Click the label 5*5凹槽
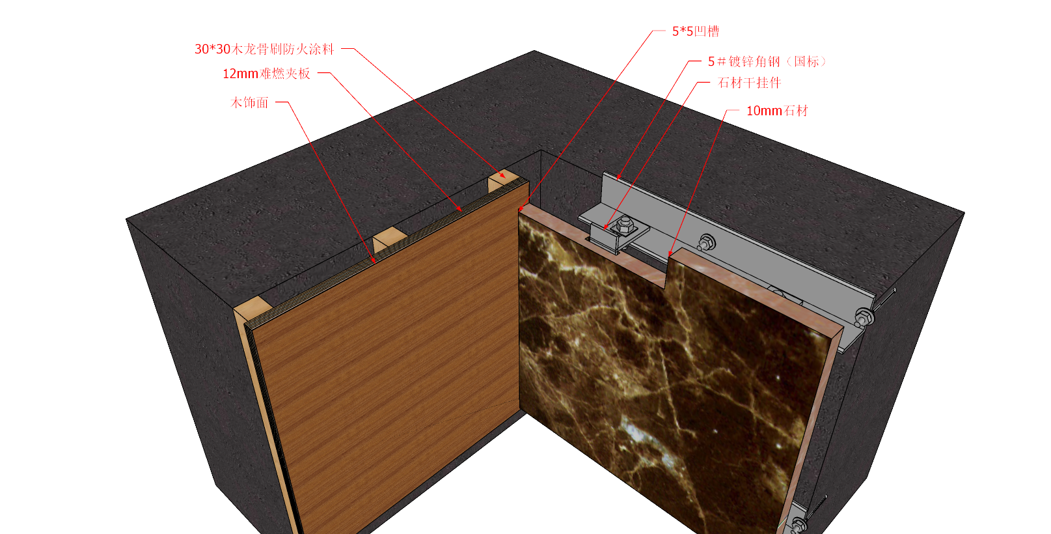tap(695, 31)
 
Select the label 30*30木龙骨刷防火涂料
tap(264, 49)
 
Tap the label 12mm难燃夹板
tap(266, 74)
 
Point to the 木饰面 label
tap(250, 102)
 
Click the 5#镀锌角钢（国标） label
tap(767, 61)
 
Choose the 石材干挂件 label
tap(749, 83)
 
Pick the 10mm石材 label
tap(777, 111)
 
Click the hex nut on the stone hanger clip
tap(624, 225)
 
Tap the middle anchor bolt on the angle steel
tap(707, 242)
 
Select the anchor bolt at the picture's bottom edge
tap(798, 524)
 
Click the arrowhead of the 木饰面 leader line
tap(374, 260)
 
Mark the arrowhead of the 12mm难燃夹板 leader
tap(460, 210)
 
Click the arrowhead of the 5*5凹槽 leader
tap(521, 208)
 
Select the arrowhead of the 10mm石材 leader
tap(670, 253)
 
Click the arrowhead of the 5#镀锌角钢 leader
tap(618, 177)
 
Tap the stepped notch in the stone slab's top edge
tap(667, 272)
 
